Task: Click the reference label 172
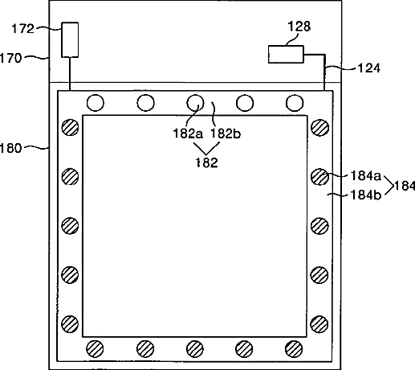coord(22,28)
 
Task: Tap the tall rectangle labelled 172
coord(70,39)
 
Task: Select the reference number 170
coord(10,58)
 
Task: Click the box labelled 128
coord(286,55)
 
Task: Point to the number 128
coord(299,27)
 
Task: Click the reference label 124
coord(369,68)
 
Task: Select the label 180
coord(10,148)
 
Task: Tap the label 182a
coord(188,134)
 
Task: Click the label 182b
coord(226,134)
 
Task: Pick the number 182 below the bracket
coord(206,162)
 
